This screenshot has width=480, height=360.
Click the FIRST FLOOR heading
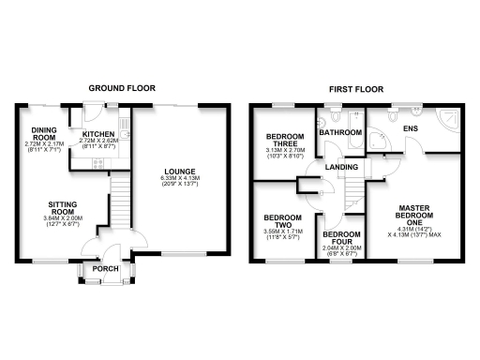[x=353, y=88]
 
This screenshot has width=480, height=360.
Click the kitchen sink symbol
[x=124, y=137]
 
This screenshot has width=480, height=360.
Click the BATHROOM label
[x=340, y=133]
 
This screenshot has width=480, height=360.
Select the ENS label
[x=410, y=127]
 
